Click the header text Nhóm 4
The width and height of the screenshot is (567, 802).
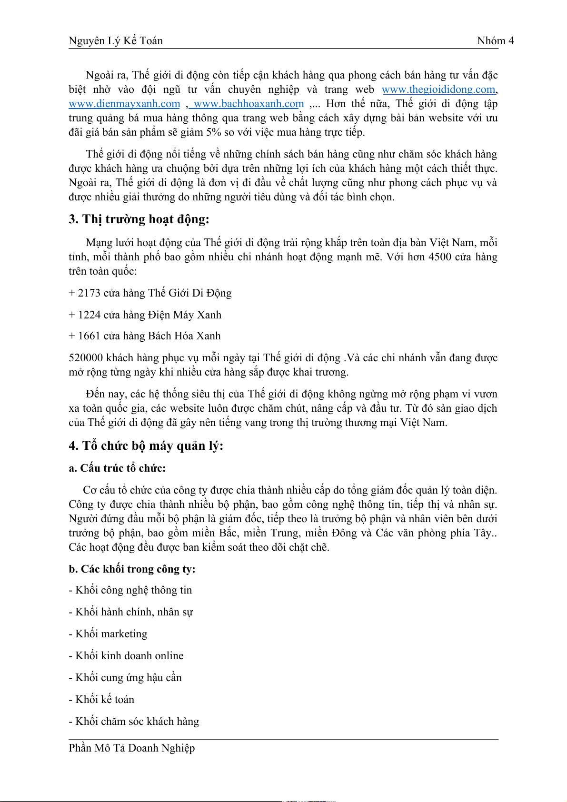click(495, 41)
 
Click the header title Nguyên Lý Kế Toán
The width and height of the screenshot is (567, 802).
click(116, 41)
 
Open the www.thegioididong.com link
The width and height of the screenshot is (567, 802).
click(438, 89)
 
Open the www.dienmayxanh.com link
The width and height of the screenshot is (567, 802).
click(124, 104)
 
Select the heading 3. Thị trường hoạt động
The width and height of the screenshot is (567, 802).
click(139, 219)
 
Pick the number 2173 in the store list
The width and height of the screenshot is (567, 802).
click(89, 293)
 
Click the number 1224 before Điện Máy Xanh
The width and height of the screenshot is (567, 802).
click(89, 315)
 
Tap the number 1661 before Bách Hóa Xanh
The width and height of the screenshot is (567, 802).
click(89, 336)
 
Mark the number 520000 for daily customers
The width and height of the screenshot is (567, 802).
click(86, 358)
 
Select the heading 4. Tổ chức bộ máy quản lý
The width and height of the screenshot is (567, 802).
click(146, 446)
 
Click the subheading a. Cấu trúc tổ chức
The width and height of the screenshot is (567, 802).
click(117, 468)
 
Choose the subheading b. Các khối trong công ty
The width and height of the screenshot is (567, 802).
click(132, 569)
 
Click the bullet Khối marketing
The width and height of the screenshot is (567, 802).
click(111, 634)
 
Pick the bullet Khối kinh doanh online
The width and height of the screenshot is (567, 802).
click(129, 656)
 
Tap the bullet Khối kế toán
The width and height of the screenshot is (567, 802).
click(105, 700)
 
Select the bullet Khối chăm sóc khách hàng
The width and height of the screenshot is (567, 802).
click(137, 722)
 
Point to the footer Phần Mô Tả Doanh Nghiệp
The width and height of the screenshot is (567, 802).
click(132, 748)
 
